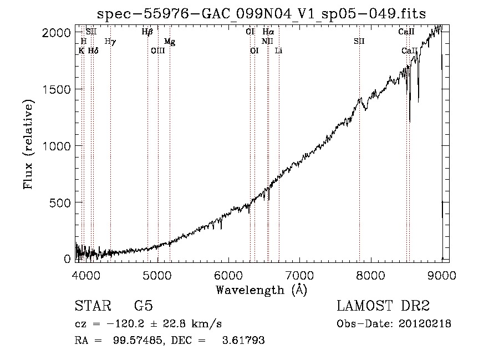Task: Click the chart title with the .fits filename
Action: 261,14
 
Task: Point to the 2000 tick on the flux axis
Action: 57,33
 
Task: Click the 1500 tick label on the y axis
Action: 57,89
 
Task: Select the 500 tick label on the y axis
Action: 60,203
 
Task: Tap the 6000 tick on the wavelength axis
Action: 228,275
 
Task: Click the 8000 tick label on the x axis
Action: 371,275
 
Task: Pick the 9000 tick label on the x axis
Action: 442,275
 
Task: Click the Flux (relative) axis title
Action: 28,145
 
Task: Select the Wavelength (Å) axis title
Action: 261,290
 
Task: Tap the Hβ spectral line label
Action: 147,32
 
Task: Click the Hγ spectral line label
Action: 110,42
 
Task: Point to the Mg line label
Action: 170,42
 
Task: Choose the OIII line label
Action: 158,50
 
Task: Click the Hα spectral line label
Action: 268,32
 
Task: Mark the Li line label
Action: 278,50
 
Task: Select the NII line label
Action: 267,41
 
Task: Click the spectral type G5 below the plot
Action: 144,306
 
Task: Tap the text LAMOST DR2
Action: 383,306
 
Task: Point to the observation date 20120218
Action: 425,324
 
